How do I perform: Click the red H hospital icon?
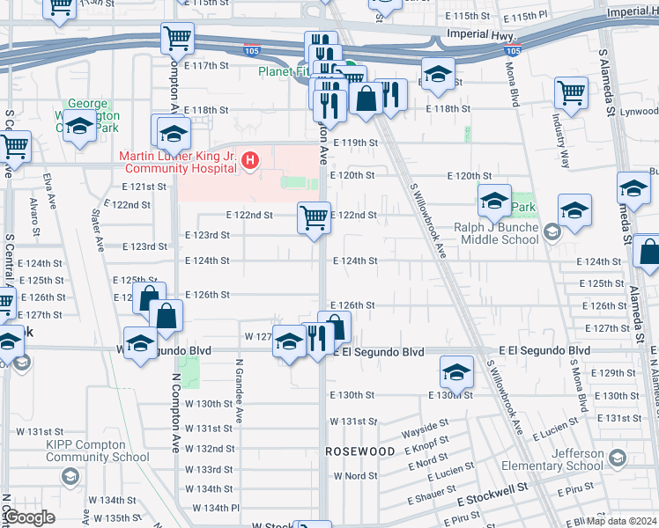coord(251,159)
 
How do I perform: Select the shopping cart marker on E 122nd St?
coord(315,217)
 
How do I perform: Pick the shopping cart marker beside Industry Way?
coord(571,92)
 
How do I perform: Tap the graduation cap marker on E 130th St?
coord(456,373)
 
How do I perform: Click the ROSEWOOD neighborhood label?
coord(359,451)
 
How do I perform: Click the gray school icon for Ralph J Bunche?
coord(552,232)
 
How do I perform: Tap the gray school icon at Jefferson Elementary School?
coord(618,458)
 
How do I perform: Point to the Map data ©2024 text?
coord(622,521)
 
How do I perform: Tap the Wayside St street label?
coord(426,433)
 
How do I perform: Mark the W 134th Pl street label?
coord(211,508)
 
